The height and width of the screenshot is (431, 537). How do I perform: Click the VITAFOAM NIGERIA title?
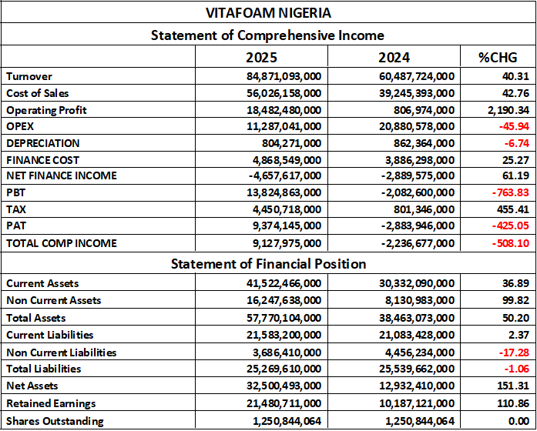coord(268,13)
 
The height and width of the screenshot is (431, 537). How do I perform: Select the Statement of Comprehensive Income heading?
coord(267,35)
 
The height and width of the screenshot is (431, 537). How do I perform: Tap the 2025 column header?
coord(261,58)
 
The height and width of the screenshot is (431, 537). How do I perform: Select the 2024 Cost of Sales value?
coord(410,93)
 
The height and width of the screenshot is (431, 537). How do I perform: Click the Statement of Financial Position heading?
coord(267,264)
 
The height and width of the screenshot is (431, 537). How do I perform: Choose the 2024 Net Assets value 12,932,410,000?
coord(410,385)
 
